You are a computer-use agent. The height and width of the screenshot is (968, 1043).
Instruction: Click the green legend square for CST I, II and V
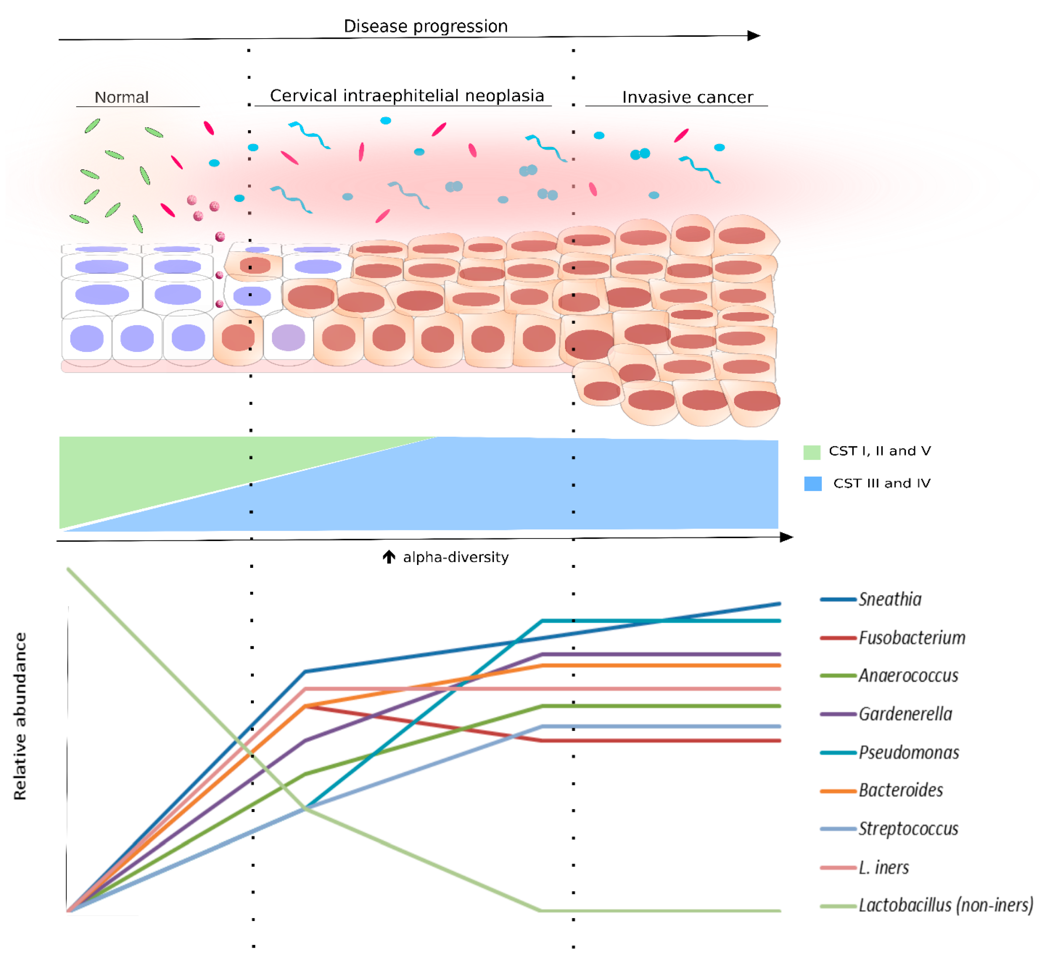click(x=811, y=452)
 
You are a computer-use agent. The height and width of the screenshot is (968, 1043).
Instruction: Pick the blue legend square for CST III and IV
click(x=812, y=483)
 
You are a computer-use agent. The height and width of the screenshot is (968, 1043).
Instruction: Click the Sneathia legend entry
click(x=890, y=599)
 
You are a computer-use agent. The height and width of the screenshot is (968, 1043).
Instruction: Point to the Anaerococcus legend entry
click(x=908, y=676)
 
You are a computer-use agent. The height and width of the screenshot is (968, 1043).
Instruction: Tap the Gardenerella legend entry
click(x=905, y=714)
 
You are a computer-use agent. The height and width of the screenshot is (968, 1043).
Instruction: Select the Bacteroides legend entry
click(x=901, y=790)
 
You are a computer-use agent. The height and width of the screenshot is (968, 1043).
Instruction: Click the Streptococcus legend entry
click(x=908, y=829)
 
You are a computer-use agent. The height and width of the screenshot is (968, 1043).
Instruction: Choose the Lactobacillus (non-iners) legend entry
click(x=945, y=905)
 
